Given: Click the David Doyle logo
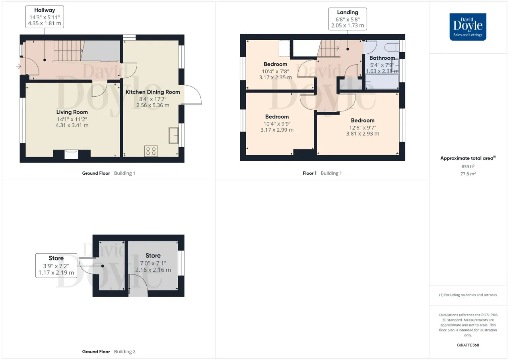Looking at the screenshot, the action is pos(468,27).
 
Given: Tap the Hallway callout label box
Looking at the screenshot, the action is pos(45,17).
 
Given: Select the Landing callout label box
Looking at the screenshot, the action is pos(348,19).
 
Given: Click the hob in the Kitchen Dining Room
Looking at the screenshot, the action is pos(151,151).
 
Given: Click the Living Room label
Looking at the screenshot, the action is pos(72,112).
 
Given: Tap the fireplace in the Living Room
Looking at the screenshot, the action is pos(71,154).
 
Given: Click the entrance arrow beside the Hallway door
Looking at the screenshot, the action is pos(19,66).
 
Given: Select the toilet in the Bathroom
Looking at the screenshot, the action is pos(392,47).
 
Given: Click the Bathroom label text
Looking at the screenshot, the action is pos(382,58).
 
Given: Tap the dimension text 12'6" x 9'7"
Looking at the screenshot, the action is pos(363,128).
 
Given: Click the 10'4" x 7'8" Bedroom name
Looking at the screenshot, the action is pos(276,64).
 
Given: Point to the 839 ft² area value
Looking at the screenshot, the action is pos(468,167).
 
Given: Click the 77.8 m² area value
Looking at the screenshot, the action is pos(468,174).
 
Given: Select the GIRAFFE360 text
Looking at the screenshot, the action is pos(468,345).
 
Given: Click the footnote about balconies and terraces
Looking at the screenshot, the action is pos(468,295).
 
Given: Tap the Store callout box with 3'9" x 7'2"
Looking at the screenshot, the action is pos(56,265).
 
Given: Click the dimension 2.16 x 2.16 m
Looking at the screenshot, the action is pos(153,270).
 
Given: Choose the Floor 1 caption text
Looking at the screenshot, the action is pos(309,173).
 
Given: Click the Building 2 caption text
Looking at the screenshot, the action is pos(125,352).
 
